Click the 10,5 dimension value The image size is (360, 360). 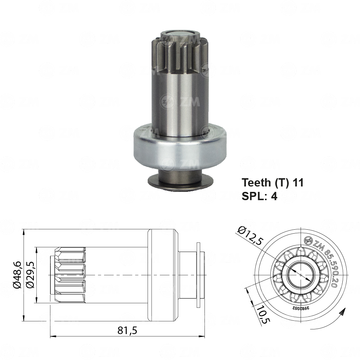262,314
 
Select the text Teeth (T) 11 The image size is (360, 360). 273,183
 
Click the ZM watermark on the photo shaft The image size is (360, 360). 180,102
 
